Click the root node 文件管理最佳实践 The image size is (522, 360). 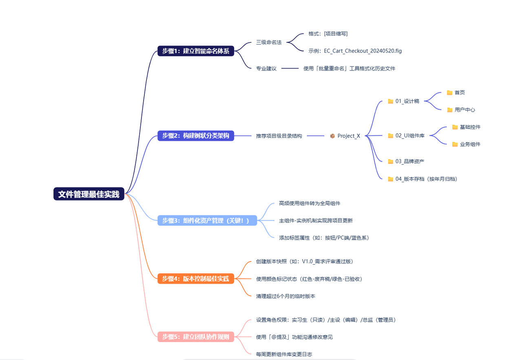88,194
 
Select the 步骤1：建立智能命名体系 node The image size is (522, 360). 196,51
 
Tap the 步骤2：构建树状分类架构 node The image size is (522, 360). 196,136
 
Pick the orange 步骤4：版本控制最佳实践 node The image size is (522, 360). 196,279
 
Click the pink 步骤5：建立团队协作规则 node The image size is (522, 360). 196,337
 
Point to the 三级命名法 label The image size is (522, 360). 269,42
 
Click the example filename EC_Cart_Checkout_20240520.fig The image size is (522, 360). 363,51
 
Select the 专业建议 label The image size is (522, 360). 266,68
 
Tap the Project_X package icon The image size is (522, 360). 332,136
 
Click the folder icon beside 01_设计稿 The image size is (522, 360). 390,101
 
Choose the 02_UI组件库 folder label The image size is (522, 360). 410,136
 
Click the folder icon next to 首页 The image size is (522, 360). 449,93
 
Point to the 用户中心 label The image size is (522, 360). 464,110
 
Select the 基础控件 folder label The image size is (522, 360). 470,127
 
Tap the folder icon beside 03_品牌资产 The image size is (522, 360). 390,161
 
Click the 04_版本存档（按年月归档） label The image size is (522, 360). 426,179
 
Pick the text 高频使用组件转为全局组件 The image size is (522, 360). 309,203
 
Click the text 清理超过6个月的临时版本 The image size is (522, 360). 285,296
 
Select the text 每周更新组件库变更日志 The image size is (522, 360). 284,354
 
